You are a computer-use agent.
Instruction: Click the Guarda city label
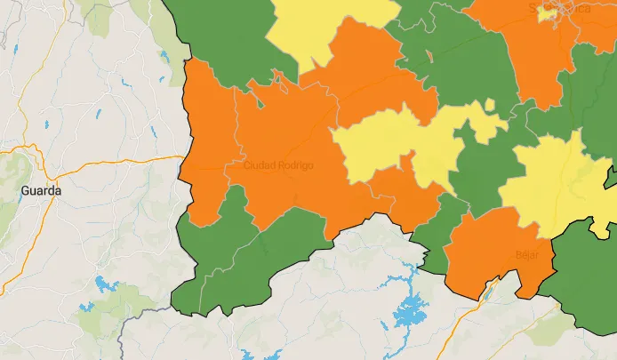pyautogui.click(x=41, y=191)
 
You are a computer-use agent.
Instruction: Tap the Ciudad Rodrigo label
pyautogui.click(x=278, y=165)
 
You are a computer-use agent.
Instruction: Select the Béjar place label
pyautogui.click(x=527, y=255)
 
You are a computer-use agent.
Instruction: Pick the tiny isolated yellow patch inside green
pyautogui.click(x=490, y=105)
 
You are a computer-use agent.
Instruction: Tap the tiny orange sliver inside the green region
pyautogui.click(x=429, y=56)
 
